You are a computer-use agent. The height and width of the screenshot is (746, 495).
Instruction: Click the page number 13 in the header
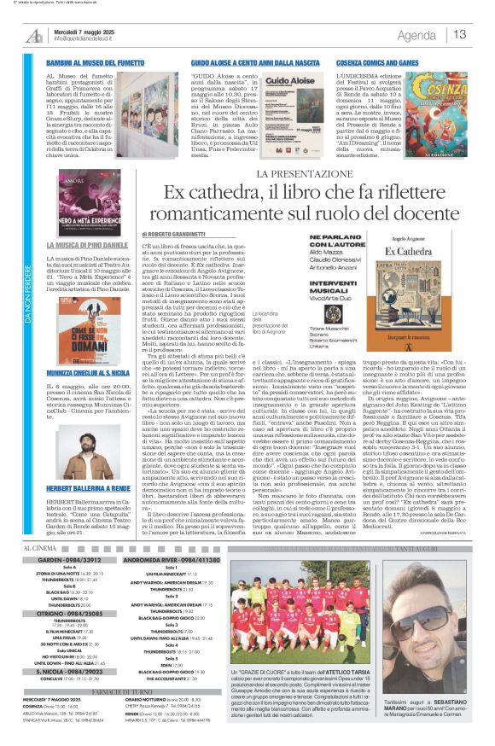tap(460, 34)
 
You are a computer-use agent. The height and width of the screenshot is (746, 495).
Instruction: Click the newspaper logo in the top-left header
tap(34, 35)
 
